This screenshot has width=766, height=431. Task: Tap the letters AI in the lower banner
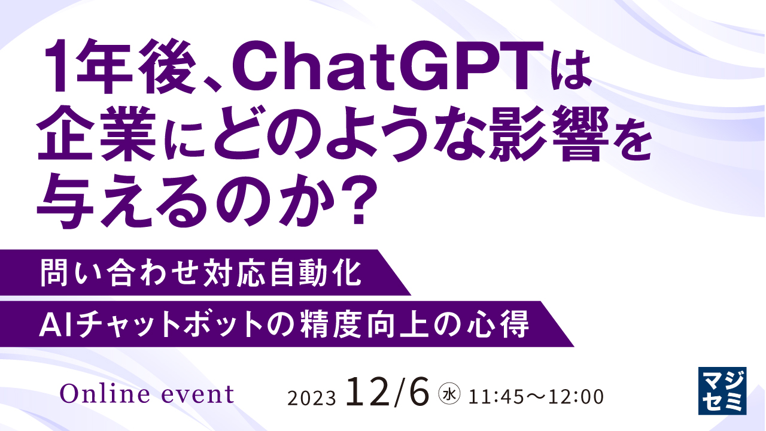[52, 325]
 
